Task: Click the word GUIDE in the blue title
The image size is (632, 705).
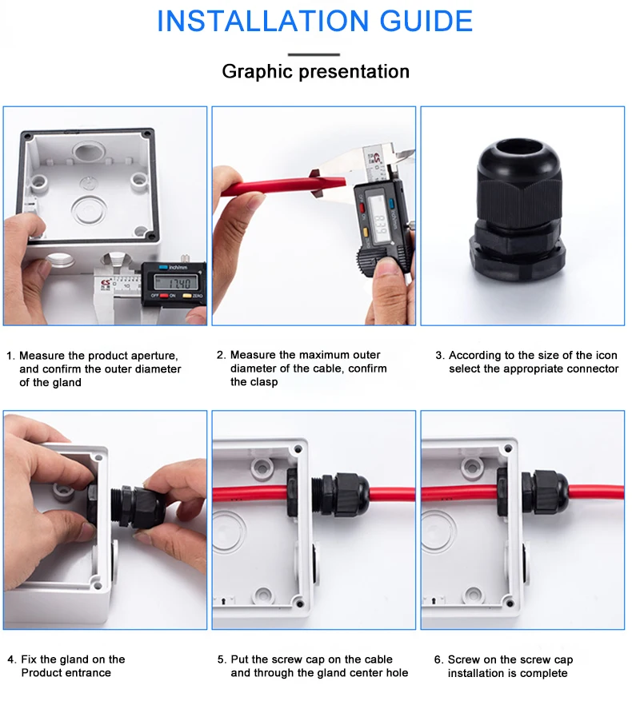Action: click(x=426, y=21)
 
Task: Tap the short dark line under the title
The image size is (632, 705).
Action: click(x=314, y=55)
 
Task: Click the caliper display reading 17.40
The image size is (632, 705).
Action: click(x=175, y=283)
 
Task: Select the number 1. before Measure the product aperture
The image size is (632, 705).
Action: click(x=11, y=356)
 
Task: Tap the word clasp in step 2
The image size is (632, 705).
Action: click(x=265, y=382)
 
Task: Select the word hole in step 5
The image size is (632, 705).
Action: click(x=397, y=673)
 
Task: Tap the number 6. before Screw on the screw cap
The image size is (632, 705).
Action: click(x=439, y=659)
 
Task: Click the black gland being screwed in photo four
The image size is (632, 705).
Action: click(x=138, y=506)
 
